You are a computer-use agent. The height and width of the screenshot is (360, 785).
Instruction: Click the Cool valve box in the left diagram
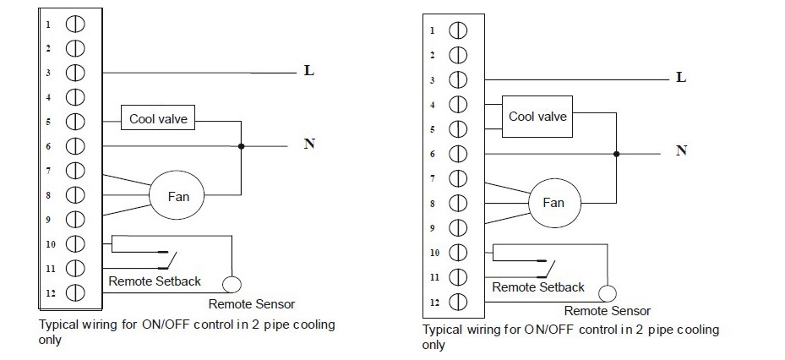(x=158, y=119)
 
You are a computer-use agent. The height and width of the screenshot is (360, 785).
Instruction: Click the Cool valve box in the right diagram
(x=537, y=117)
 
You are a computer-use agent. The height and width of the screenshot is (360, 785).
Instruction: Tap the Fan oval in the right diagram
(x=553, y=203)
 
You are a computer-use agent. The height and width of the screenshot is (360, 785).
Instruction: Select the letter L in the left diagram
(x=309, y=71)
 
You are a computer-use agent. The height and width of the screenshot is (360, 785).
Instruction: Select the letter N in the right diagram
(x=681, y=150)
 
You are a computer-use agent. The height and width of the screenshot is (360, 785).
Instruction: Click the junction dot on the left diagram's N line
(x=242, y=146)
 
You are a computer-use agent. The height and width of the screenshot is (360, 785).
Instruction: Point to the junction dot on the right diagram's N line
(x=617, y=154)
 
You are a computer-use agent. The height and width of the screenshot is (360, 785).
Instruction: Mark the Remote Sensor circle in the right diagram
(x=605, y=292)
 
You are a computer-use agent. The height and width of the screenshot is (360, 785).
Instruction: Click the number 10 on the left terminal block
(x=49, y=244)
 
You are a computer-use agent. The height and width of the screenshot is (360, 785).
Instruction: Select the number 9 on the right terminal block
(x=432, y=228)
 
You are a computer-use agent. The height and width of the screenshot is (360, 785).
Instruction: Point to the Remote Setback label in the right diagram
(x=537, y=287)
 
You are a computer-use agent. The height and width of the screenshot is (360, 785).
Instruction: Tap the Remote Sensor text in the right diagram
(x=607, y=311)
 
